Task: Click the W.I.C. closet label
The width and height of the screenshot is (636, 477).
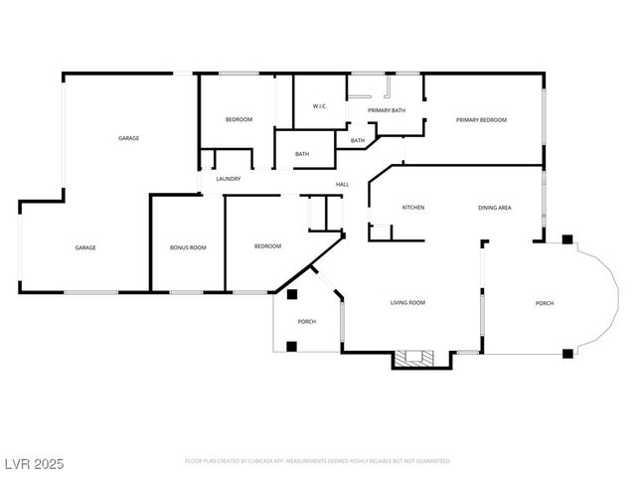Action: coord(320,106)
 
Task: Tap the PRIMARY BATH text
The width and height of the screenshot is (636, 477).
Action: coord(387,110)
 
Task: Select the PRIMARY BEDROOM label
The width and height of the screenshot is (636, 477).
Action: coord(481,120)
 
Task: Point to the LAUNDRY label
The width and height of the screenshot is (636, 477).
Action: coord(229,179)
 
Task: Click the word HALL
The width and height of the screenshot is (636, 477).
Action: coord(342,184)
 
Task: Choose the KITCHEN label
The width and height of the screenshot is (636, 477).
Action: coord(413,208)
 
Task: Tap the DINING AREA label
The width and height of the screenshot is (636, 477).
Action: coord(495,208)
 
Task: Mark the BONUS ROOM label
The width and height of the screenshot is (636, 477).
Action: coord(188,246)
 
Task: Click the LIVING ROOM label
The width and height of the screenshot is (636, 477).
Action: coord(407,302)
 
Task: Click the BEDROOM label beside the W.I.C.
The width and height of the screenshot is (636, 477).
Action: coord(238,120)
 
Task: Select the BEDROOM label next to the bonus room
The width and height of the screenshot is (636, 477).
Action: coord(267,246)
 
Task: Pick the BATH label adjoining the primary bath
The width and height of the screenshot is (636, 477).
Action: coord(358,141)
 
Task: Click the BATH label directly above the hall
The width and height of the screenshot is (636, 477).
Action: coord(302,154)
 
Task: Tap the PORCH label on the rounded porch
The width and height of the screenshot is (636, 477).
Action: coord(545,303)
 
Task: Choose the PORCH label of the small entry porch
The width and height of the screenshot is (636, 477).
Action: coord(307,322)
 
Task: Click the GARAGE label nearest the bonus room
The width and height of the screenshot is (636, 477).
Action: coord(85,247)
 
